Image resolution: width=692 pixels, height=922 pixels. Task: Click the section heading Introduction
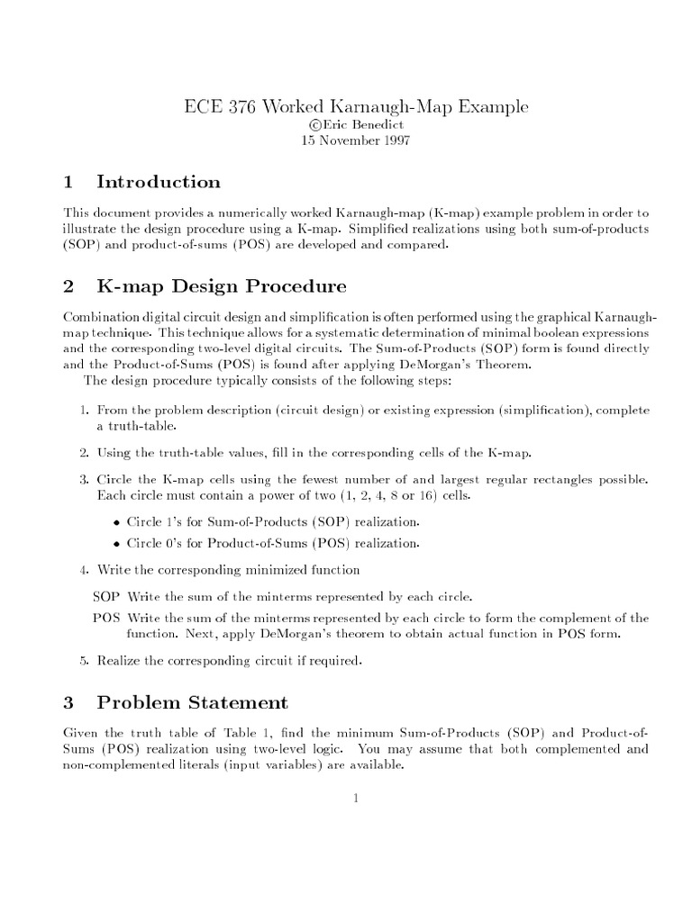point(158,183)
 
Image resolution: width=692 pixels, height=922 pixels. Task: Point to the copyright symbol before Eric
point(314,124)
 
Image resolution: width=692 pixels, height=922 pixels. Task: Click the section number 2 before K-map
point(68,287)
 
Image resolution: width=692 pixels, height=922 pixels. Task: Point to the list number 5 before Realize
point(83,662)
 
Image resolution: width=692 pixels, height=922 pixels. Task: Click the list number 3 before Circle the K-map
point(83,475)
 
